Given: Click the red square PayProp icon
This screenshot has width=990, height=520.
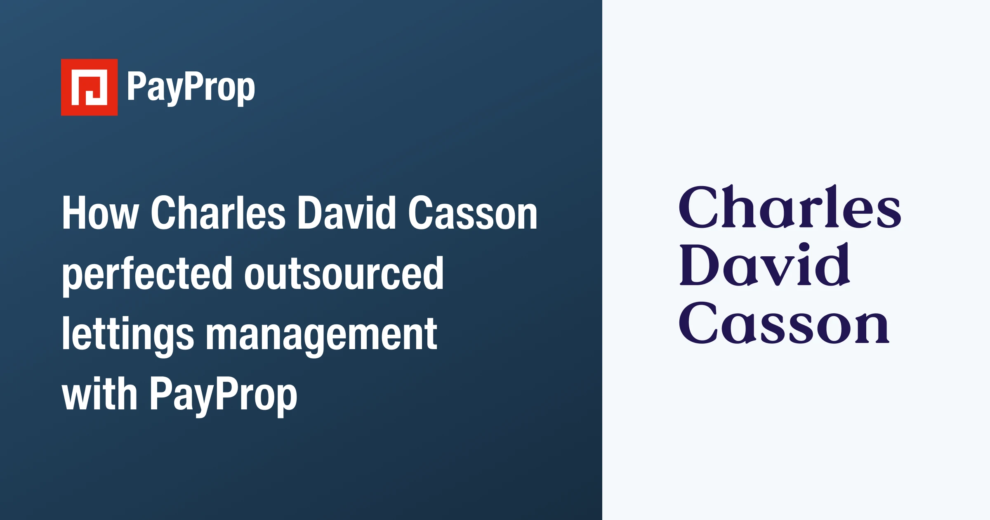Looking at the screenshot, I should [x=89, y=87].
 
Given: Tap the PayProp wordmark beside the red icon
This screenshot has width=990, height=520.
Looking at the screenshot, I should [x=191, y=87].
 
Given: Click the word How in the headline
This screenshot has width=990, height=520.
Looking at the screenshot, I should [x=100, y=213].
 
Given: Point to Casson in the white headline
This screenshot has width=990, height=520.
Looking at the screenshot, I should [x=473, y=213].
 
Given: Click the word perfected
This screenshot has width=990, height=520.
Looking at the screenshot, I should [x=147, y=274].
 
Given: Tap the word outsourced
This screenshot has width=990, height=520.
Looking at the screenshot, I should [x=344, y=274].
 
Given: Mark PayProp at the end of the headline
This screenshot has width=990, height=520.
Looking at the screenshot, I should [x=223, y=395].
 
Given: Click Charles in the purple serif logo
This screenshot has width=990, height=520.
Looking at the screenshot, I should [x=790, y=207].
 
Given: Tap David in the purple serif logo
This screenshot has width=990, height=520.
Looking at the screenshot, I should [x=765, y=265].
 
